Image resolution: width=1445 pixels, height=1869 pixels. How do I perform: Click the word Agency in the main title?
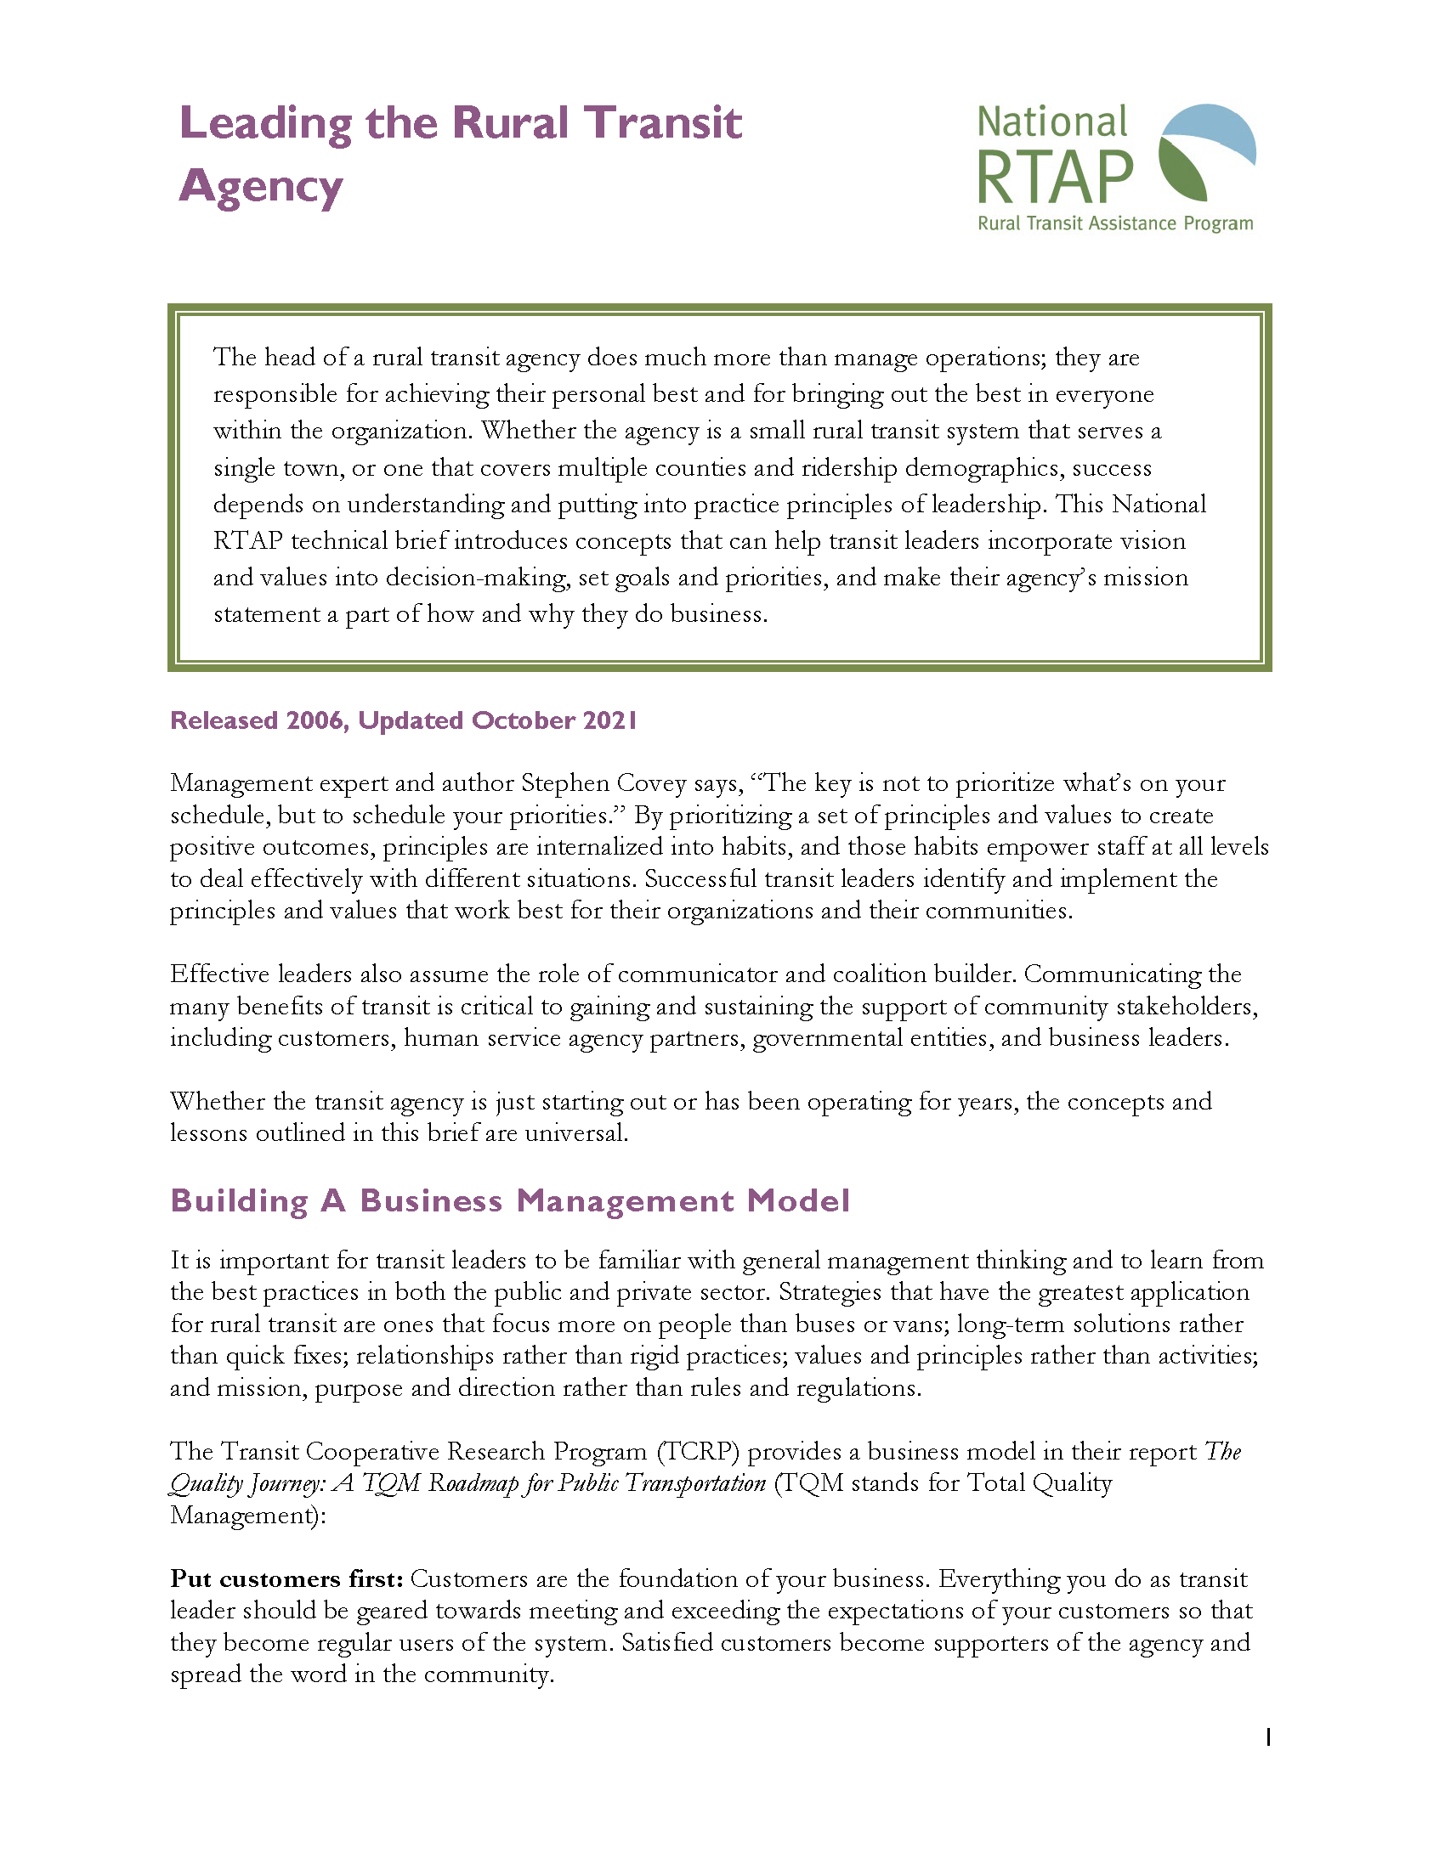point(260,188)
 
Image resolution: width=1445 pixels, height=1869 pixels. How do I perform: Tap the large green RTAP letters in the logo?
point(1055,178)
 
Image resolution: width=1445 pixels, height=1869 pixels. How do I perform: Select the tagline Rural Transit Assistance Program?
point(1114,224)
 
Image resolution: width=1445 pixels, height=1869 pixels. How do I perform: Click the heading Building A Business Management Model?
point(510,1200)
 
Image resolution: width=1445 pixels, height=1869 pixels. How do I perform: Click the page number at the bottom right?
point(1268,1737)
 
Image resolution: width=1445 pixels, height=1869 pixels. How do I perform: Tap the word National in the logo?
point(1052,122)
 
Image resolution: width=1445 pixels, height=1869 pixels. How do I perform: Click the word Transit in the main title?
point(664,123)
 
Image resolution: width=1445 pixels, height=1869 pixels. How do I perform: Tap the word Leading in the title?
point(265,123)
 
